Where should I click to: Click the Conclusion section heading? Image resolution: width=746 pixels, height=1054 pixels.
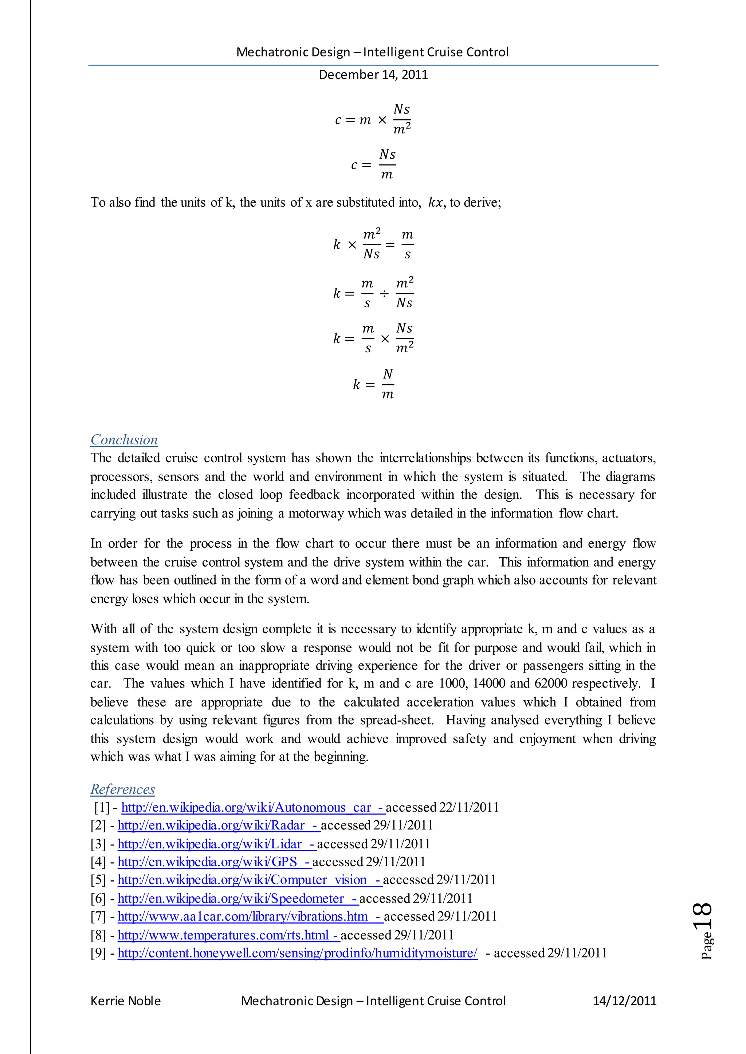click(124, 440)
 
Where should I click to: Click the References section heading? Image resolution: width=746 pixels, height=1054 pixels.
click(123, 789)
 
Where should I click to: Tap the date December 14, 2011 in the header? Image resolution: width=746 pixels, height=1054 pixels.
click(373, 74)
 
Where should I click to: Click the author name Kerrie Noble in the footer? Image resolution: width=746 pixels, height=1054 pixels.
click(125, 1001)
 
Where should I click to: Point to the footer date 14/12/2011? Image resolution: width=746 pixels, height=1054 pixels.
click(624, 1001)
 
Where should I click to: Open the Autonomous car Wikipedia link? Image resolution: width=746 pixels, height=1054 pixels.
click(253, 808)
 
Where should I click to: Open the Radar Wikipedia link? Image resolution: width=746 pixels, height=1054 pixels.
click(218, 825)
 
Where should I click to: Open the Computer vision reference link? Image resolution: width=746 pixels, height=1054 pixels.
click(250, 880)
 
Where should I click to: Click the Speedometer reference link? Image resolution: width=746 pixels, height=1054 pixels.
click(237, 898)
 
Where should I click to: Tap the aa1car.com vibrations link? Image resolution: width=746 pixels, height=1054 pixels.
click(250, 916)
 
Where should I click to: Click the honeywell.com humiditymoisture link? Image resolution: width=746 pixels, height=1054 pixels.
click(297, 953)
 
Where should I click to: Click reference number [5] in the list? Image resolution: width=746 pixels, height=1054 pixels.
click(98, 880)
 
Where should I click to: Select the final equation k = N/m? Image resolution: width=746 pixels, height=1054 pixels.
click(373, 384)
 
